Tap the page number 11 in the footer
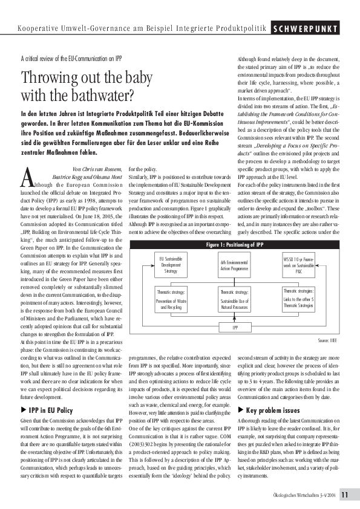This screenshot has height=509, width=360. [344, 495]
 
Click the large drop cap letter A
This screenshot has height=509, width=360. [27, 160]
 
